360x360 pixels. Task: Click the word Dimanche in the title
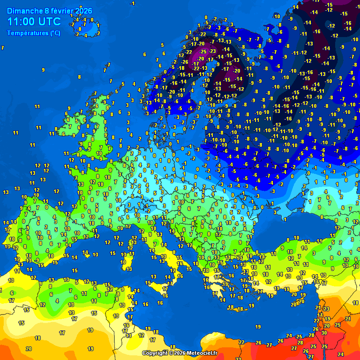click(23, 11)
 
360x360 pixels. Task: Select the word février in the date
click(59, 11)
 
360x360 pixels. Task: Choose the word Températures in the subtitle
click(27, 33)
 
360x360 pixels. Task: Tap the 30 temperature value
click(324, 332)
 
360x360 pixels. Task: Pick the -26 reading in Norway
click(185, 62)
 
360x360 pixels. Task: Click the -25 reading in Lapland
click(203, 51)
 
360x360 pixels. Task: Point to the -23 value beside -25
click(212, 51)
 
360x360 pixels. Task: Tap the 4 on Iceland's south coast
click(85, 36)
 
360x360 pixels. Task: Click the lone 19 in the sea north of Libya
click(258, 326)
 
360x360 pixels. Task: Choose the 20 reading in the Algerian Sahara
click(29, 348)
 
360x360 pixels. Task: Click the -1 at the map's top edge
click(133, 4)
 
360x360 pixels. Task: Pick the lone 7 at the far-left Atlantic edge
click(3, 48)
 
